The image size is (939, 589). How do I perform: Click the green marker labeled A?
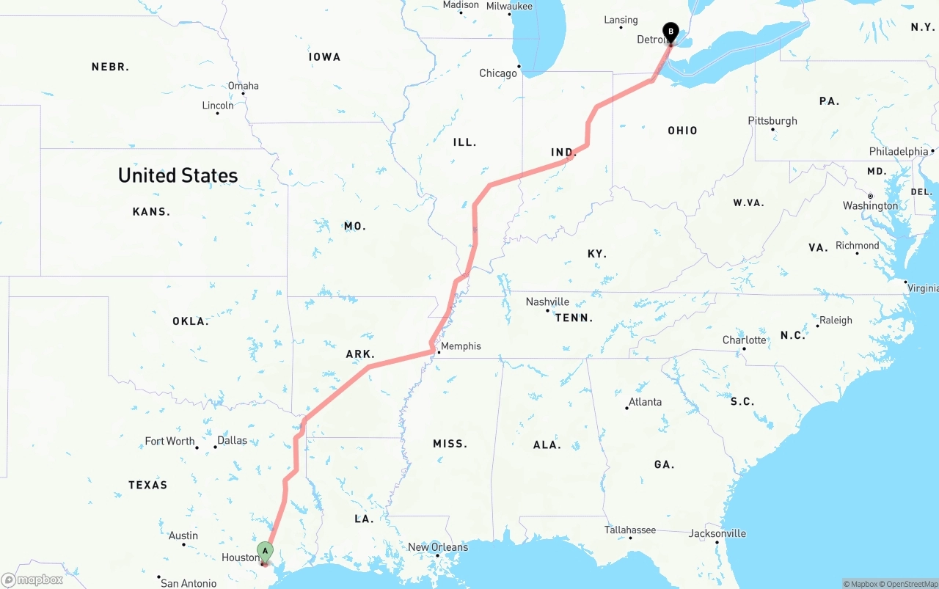[x=265, y=551]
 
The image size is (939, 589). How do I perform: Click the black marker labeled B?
[x=670, y=32]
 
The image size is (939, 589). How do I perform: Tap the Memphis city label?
[x=461, y=346]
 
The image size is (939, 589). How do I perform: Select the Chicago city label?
[x=498, y=73]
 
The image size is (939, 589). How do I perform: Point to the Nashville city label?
[x=547, y=301]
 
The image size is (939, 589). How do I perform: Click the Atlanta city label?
[x=645, y=402]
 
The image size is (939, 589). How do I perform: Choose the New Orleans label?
[x=438, y=546]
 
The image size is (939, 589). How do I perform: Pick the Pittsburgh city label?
[x=772, y=121]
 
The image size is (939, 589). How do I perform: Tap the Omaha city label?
[x=243, y=86]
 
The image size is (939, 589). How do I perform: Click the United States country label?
[x=178, y=175]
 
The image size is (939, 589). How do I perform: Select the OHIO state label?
[x=682, y=131]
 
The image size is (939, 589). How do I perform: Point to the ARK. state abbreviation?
[x=360, y=354]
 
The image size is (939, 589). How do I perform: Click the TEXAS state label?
[x=147, y=485]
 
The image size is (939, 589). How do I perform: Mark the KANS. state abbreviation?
[x=151, y=212]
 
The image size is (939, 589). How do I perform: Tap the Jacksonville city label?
[x=717, y=533]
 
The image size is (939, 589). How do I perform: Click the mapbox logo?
[x=32, y=579]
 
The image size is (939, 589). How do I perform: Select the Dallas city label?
[x=232, y=441]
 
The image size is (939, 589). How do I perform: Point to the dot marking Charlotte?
[x=744, y=348]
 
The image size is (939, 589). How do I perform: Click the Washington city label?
[x=870, y=206]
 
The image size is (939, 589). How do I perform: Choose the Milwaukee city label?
[x=509, y=6]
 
